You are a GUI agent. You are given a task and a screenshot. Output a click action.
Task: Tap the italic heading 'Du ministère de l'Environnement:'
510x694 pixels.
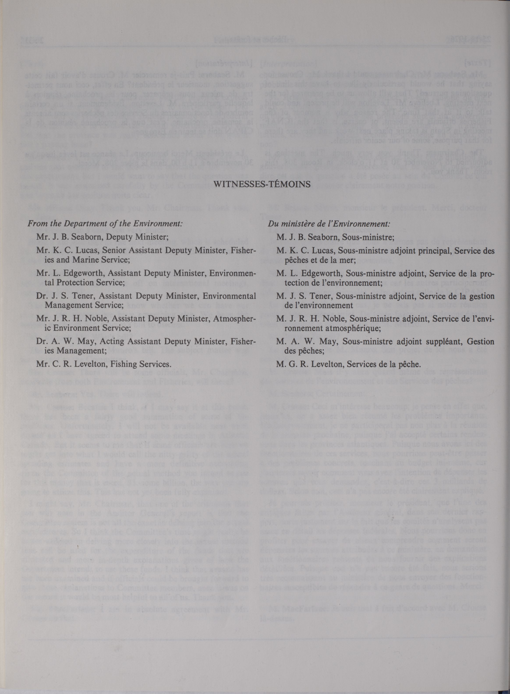coord(329,223)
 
